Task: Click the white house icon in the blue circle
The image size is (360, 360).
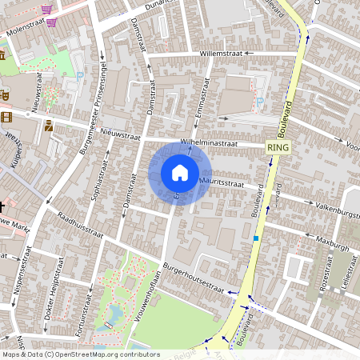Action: (x=180, y=173)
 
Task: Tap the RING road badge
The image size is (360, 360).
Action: (x=279, y=148)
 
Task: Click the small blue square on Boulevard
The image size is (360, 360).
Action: (x=256, y=238)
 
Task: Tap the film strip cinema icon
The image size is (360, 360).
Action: (x=7, y=118)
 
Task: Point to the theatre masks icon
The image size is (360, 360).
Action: (x=4, y=94)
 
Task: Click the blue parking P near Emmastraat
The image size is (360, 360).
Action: (x=262, y=102)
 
